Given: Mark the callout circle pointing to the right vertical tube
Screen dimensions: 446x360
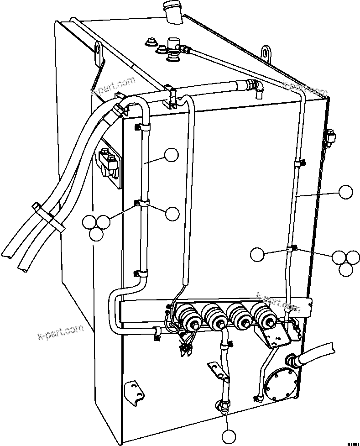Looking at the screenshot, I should (x=346, y=192).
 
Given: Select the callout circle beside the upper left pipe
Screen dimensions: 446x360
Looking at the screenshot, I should (x=171, y=155).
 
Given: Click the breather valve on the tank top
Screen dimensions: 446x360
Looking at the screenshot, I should (x=172, y=47).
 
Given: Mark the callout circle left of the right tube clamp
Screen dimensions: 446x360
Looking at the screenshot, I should (x=258, y=254).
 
